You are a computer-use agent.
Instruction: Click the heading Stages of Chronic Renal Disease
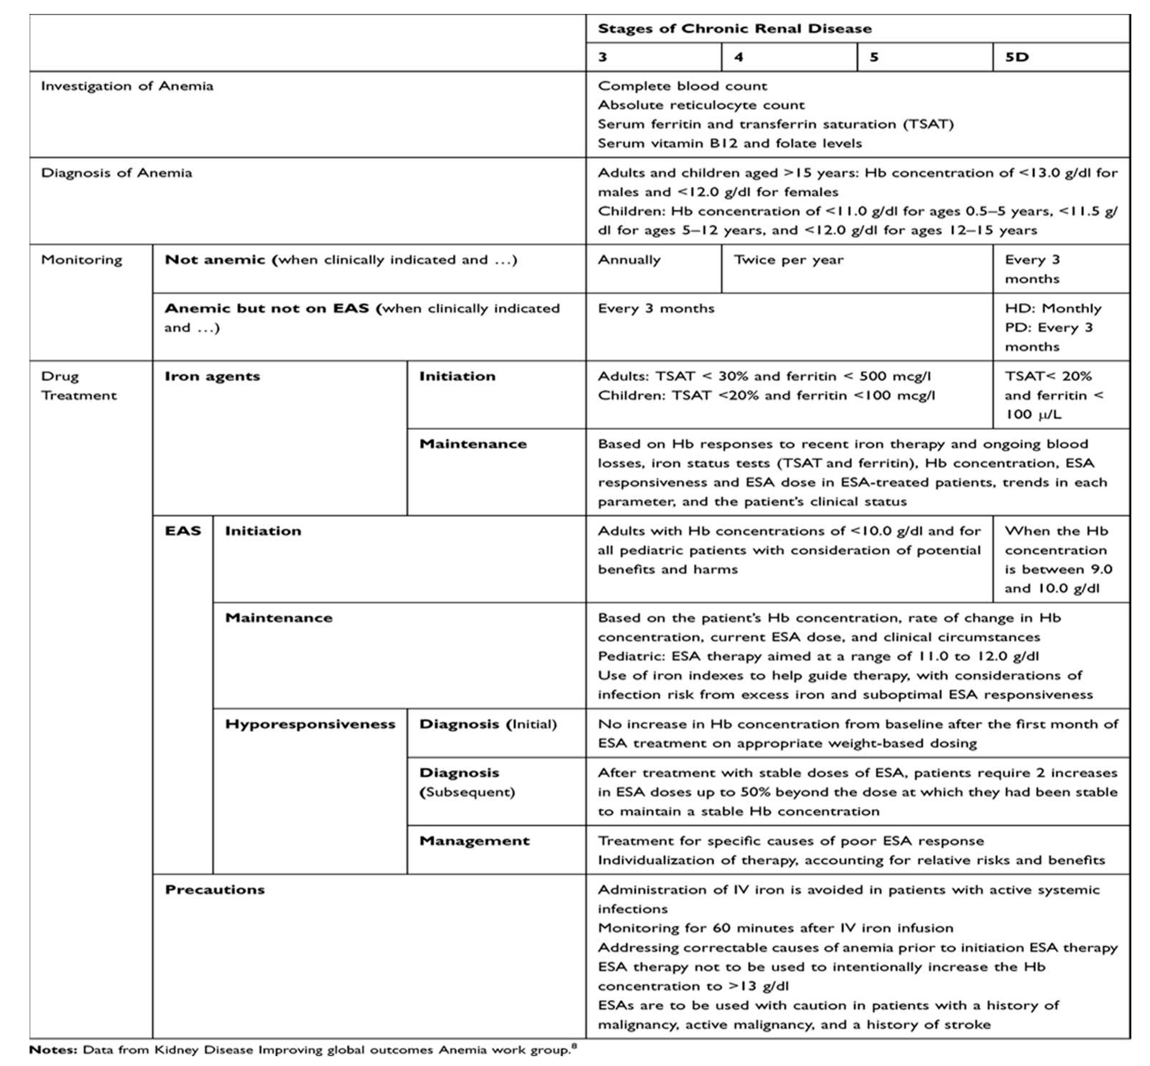coord(734,29)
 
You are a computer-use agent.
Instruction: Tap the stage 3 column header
coord(603,57)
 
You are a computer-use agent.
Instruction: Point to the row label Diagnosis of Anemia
coord(117,173)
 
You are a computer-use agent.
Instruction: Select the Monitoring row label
coord(81,260)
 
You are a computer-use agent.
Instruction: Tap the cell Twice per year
coord(788,260)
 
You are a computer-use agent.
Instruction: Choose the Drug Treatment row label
coord(79,386)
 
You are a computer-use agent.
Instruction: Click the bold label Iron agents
coord(212,377)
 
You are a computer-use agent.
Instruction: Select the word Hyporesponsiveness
coord(310,725)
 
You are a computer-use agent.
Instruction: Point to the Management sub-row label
coord(474,841)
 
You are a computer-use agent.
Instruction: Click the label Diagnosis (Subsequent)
coord(466,783)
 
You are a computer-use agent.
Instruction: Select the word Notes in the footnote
coord(52,1050)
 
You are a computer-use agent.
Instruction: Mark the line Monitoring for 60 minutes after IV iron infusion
coord(775,928)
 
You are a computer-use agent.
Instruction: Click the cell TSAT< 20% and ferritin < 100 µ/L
coord(1053,395)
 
